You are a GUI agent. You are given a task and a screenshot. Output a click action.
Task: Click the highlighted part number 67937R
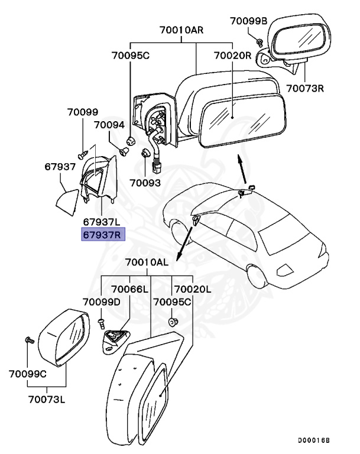[x=102, y=235]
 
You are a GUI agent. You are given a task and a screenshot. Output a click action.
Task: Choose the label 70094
[x=109, y=125]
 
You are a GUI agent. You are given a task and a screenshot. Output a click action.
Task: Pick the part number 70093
[x=145, y=183]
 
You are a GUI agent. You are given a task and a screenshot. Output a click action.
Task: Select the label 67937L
[x=102, y=222]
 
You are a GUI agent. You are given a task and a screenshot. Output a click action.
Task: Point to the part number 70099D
[x=102, y=302]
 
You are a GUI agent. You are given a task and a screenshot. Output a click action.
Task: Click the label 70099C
[x=29, y=374]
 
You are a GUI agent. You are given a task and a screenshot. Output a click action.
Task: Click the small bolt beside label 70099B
[x=260, y=40]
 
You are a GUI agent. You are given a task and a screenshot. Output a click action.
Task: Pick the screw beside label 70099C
[x=28, y=340]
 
